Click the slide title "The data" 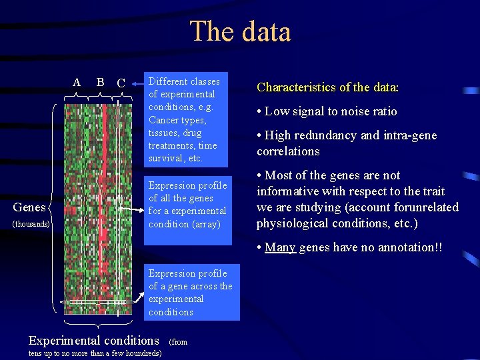click(240, 31)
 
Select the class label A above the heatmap click(77, 82)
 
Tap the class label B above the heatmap click(100, 82)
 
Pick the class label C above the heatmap click(121, 83)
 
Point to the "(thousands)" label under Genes click(29, 224)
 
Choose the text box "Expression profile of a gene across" click(190, 292)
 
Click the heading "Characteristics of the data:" click(327, 87)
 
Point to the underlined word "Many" click(280, 247)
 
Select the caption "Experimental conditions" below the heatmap click(94, 340)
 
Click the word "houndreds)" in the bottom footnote click(137, 353)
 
